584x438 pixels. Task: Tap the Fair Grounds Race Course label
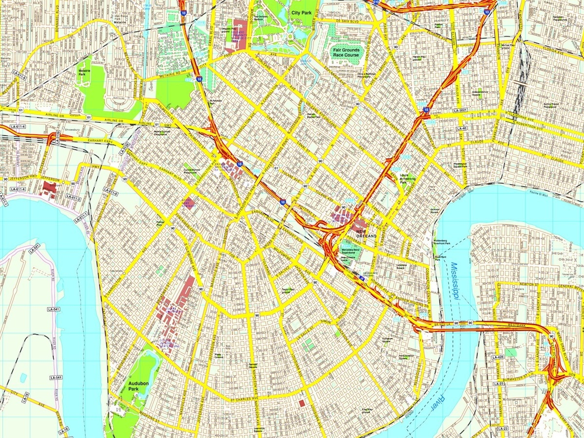(x=346, y=53)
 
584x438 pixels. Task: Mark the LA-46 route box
(x=462, y=128)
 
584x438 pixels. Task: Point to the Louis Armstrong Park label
(x=407, y=178)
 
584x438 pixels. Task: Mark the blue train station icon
(x=361, y=278)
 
